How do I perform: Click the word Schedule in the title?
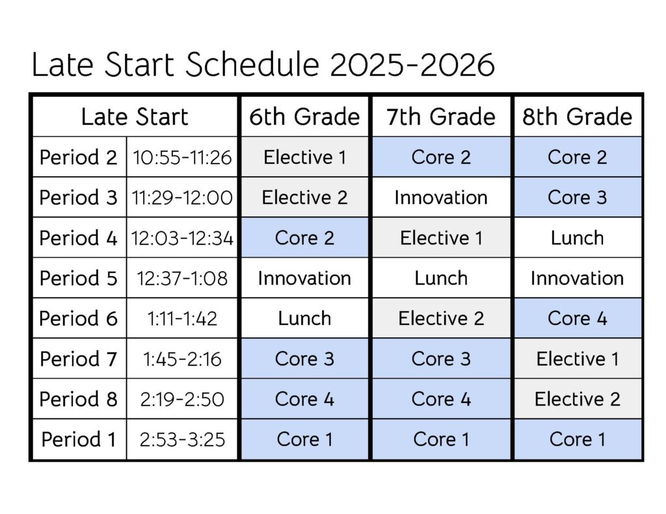pos(252,64)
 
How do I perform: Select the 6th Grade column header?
pos(304,117)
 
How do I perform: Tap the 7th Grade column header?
pos(441,117)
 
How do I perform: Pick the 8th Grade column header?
pos(578,117)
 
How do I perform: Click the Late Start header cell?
pos(135,117)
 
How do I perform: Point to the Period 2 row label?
pos(79,157)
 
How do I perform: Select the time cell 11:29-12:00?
pos(182,198)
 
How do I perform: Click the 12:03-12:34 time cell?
pos(182,238)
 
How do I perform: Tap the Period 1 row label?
pos(79,439)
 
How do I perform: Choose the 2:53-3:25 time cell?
pos(182,439)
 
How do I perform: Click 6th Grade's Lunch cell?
pos(304,318)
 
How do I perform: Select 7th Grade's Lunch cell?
pos(441,278)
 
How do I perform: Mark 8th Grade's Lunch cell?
pos(578,238)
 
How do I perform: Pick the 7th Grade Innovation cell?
pos(441,198)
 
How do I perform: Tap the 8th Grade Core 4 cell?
pos(578,318)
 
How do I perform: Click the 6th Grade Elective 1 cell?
pos(304,157)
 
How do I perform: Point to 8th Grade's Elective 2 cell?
pos(578,399)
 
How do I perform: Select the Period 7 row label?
pos(79,359)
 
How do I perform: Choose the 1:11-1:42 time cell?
pos(182,318)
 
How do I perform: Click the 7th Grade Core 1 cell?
pos(441,439)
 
